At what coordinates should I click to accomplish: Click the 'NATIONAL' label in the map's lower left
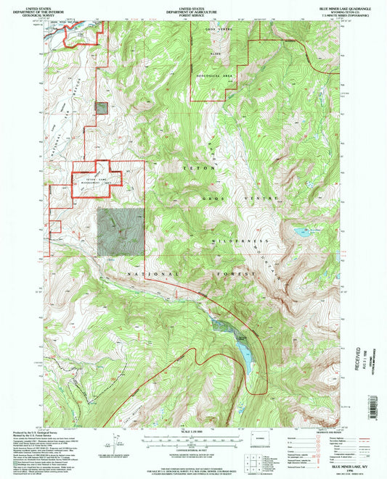[152, 275]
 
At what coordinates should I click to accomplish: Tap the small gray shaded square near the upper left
[102, 108]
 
